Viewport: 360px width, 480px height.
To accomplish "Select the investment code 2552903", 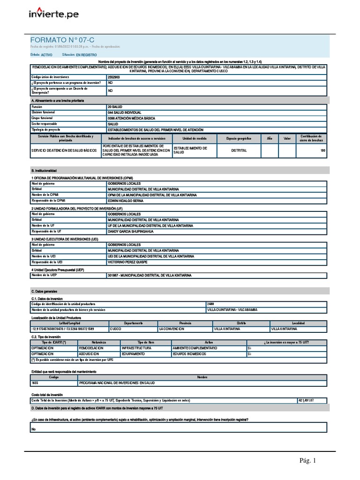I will (114, 76).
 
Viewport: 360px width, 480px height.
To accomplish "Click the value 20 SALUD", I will (115, 107).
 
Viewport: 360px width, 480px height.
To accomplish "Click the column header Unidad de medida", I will (191, 139).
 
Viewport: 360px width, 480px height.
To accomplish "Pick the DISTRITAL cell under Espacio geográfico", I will (239, 151).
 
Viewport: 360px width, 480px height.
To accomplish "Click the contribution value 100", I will (322, 151).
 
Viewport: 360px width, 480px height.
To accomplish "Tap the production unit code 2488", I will (211, 304).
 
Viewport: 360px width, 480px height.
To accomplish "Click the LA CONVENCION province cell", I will (171, 329).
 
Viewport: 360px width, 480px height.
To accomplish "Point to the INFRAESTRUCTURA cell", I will (136, 348).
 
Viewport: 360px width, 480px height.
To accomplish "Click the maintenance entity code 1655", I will (35, 383).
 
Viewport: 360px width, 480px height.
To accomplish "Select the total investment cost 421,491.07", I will (306, 400).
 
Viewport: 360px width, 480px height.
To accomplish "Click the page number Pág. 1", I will (308, 461).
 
